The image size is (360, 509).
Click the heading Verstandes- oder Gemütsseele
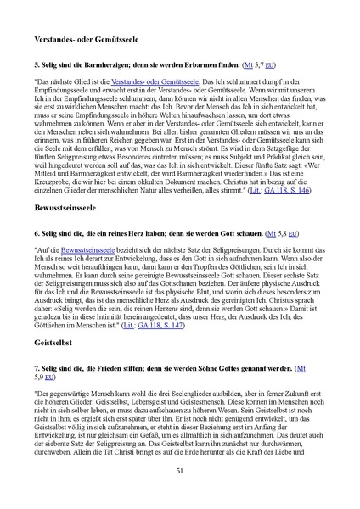point(91,40)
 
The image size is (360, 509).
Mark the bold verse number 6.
point(37,232)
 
